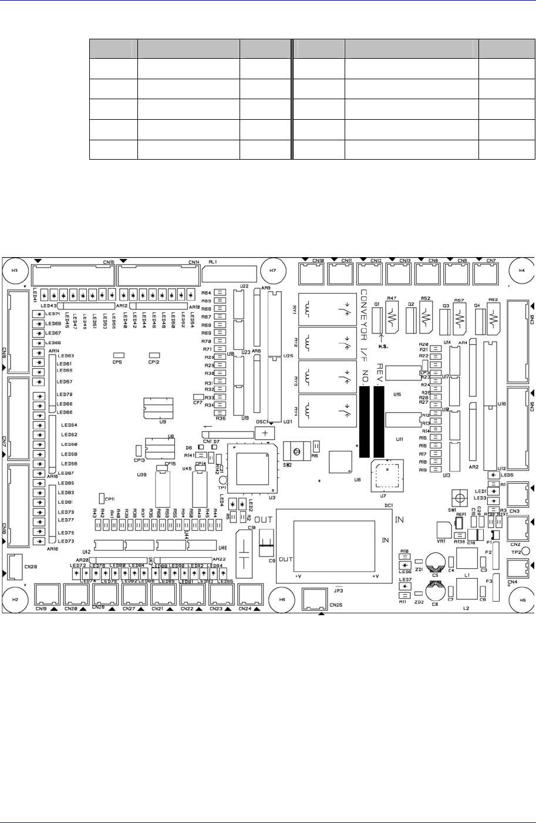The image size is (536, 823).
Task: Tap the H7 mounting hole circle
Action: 272,271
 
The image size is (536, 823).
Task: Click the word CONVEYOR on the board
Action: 364,318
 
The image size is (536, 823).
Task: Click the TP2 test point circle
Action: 526,551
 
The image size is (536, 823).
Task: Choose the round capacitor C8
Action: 435,592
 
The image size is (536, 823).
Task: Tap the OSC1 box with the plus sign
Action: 265,433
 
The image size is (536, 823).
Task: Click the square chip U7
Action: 387,474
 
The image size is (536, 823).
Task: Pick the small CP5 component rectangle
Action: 118,355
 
